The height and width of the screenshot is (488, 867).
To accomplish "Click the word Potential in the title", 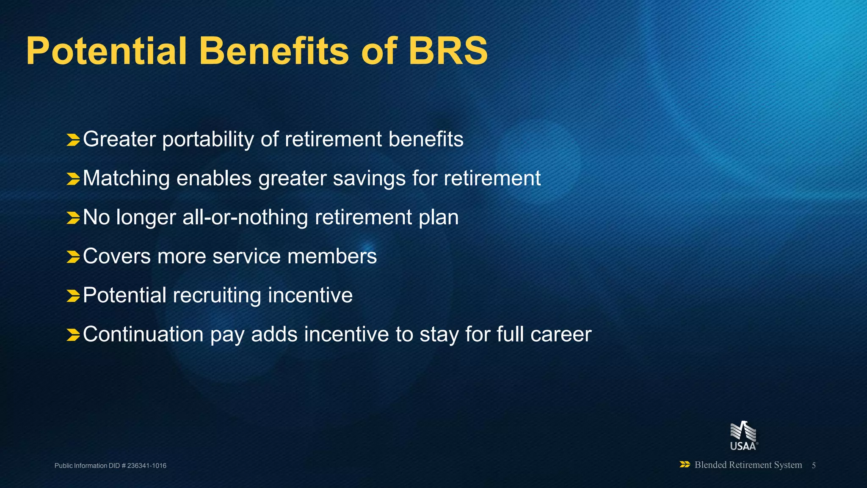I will click(106, 51).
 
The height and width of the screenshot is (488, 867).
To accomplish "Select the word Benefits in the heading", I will click(276, 51).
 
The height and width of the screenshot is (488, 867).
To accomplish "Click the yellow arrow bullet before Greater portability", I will click(73, 140).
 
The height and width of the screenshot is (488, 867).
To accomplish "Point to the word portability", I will click(208, 140).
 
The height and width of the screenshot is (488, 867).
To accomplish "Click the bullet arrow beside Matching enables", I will click(73, 179).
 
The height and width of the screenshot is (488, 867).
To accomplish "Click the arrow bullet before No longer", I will click(73, 218).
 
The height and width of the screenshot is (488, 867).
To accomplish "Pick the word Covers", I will click(117, 256).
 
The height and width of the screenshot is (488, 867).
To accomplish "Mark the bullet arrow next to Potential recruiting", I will click(73, 296).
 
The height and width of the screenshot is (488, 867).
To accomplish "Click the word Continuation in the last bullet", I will click(143, 334).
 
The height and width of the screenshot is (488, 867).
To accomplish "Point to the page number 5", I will click(814, 466).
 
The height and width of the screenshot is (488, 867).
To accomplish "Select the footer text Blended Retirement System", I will click(748, 465).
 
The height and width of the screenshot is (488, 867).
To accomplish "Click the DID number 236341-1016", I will click(146, 466).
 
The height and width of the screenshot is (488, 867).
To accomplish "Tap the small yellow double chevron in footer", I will click(685, 465).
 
